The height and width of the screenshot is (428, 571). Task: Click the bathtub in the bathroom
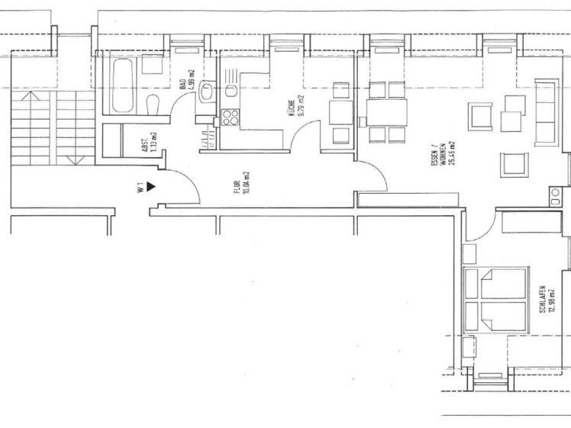pyautogui.click(x=122, y=88)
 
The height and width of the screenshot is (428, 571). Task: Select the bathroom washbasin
pyautogui.click(x=206, y=94)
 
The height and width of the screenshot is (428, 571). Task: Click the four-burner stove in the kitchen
pyautogui.click(x=229, y=118)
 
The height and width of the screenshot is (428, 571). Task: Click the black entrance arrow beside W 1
pyautogui.click(x=151, y=185)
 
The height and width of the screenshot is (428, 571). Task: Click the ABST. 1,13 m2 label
pyautogui.click(x=150, y=143)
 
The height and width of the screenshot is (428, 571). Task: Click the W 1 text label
pyautogui.click(x=140, y=187)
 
